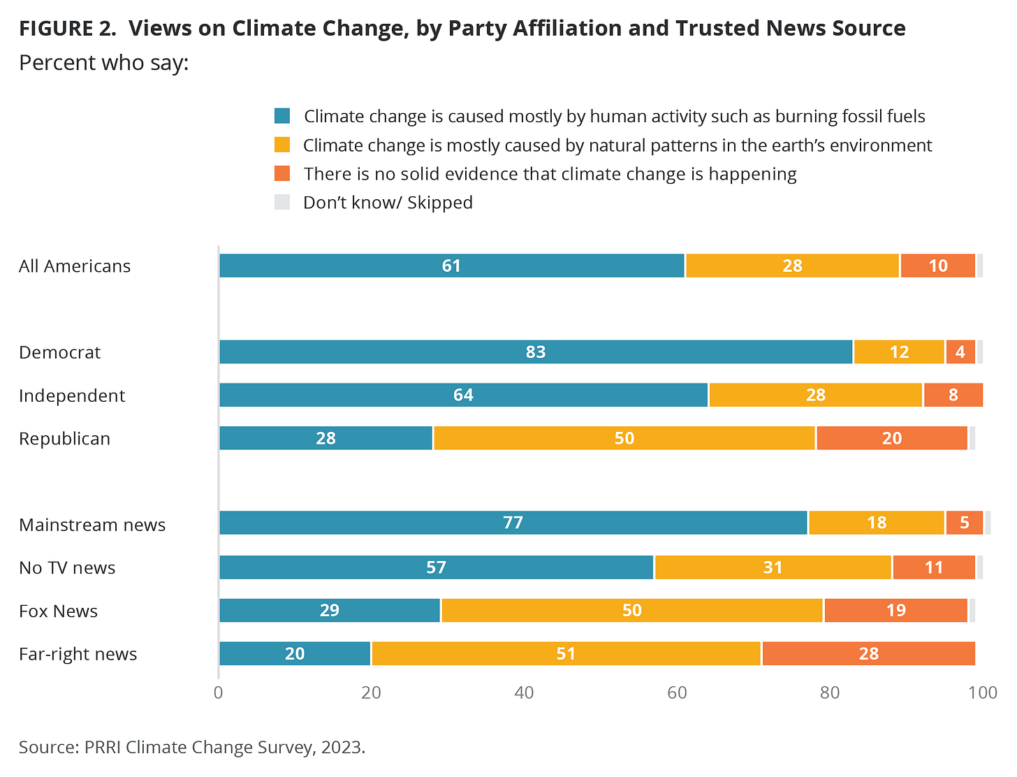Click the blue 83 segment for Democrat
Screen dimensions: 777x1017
tap(536, 352)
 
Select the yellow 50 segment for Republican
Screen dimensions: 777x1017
tap(624, 438)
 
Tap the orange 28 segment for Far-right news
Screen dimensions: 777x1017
tap(868, 654)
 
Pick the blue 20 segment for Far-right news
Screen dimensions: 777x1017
tap(295, 654)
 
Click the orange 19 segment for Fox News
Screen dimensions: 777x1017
tap(895, 611)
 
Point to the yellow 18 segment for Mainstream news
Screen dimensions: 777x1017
tap(876, 523)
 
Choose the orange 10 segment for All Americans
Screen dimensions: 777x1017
tap(937, 266)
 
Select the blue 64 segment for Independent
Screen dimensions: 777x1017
tap(463, 395)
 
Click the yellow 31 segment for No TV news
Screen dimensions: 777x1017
tap(773, 567)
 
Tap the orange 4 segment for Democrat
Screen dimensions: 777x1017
tap(960, 352)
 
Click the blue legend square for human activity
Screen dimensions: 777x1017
tap(282, 116)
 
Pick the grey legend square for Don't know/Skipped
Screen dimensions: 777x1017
tap(282, 203)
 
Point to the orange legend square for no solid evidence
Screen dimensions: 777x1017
tap(282, 173)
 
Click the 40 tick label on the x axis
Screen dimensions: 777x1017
tap(524, 692)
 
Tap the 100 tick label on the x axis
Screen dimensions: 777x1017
tap(983, 692)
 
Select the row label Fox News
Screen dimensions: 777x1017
tap(58, 611)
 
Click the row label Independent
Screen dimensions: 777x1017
tap(72, 396)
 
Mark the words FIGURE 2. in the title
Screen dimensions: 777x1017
tap(67, 29)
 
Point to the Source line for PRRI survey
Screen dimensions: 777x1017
tap(192, 747)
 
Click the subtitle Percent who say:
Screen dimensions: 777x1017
tap(104, 63)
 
